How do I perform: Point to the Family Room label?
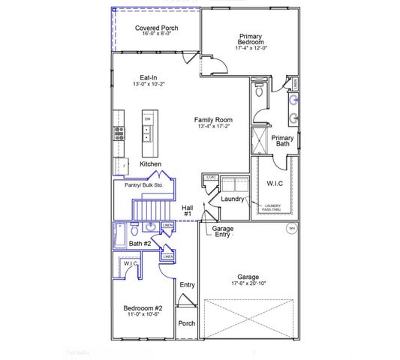click(x=213, y=119)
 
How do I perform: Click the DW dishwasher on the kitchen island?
click(x=148, y=118)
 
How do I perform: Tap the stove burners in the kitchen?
click(x=118, y=133)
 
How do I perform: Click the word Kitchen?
click(x=150, y=164)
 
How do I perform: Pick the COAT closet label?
click(x=211, y=178)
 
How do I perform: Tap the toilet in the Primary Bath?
click(x=259, y=92)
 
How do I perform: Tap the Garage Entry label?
click(x=223, y=231)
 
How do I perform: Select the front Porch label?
click(x=186, y=324)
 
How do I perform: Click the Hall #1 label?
click(x=186, y=210)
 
